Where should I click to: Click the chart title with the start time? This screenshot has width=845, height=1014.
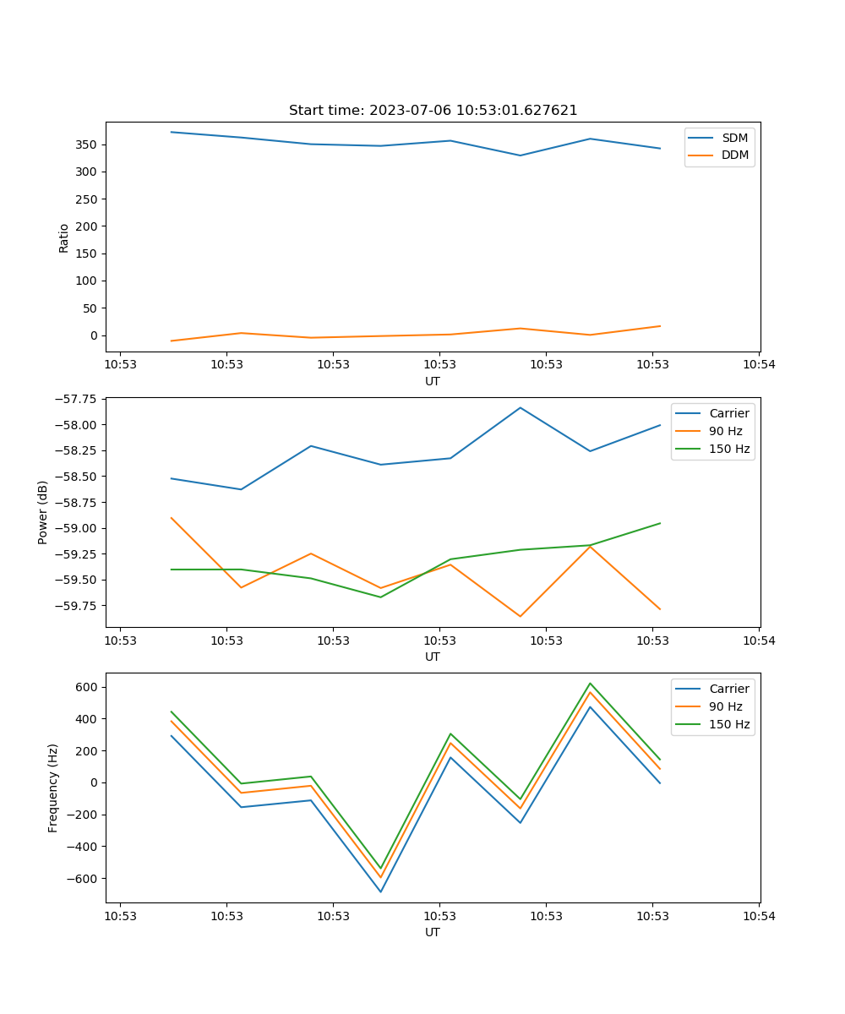[x=433, y=111]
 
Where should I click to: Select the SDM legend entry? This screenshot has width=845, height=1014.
[x=734, y=138]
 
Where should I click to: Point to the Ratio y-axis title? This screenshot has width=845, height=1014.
[x=64, y=237]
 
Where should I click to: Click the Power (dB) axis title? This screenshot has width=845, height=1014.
[x=43, y=512]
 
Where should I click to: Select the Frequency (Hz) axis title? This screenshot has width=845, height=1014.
[x=53, y=788]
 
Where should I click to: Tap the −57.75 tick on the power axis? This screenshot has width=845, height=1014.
[x=74, y=399]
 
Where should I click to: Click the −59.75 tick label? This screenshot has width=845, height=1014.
[x=74, y=606]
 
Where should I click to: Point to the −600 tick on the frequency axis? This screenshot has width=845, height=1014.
[x=83, y=879]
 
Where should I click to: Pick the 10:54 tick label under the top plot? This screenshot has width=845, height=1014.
[x=759, y=365]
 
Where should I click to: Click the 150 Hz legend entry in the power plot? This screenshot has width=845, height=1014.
[x=729, y=449]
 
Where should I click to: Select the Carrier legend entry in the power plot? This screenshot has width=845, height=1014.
[x=728, y=414]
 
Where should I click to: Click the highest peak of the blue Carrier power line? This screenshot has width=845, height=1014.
[x=521, y=407]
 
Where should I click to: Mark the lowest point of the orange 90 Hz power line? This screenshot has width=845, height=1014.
[x=521, y=616]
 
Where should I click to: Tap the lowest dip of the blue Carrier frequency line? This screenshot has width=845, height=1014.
[x=380, y=891]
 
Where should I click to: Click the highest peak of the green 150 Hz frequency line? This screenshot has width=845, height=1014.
[x=590, y=683]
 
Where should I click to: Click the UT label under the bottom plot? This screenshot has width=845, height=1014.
[x=433, y=932]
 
